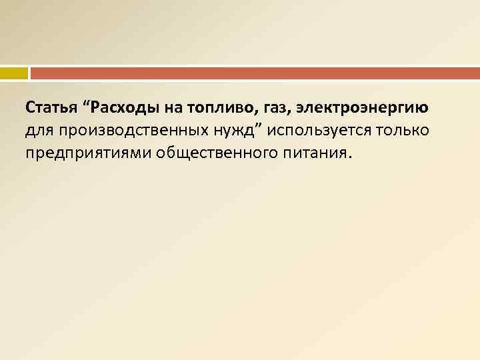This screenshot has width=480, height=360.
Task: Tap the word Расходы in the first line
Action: tap(123, 107)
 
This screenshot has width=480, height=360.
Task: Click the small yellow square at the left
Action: tap(14, 72)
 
